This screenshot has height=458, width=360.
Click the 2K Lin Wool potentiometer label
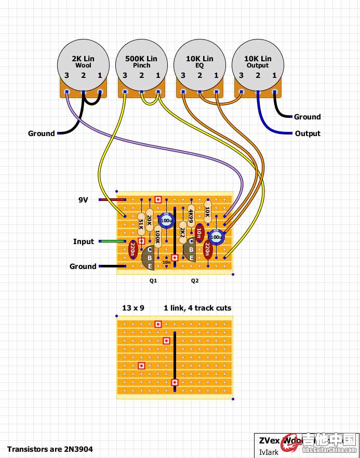click(x=83, y=62)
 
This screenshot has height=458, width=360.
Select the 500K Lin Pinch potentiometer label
click(x=141, y=62)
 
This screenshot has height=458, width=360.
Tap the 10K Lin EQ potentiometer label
click(x=199, y=62)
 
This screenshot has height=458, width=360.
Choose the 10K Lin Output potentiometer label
click(x=258, y=62)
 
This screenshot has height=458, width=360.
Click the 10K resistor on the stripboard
click(x=207, y=212)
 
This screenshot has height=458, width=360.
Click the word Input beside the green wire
click(x=84, y=241)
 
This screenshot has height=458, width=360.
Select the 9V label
click(x=83, y=199)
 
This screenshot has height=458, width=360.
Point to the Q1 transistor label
click(x=153, y=280)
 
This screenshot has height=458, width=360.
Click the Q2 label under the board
click(x=195, y=280)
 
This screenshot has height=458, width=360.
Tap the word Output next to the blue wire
click(x=308, y=133)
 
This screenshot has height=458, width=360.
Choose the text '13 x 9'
click(x=133, y=308)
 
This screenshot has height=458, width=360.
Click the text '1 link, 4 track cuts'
click(x=197, y=308)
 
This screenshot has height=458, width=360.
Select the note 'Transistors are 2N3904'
click(x=50, y=449)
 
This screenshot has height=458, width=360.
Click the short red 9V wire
click(x=112, y=199)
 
